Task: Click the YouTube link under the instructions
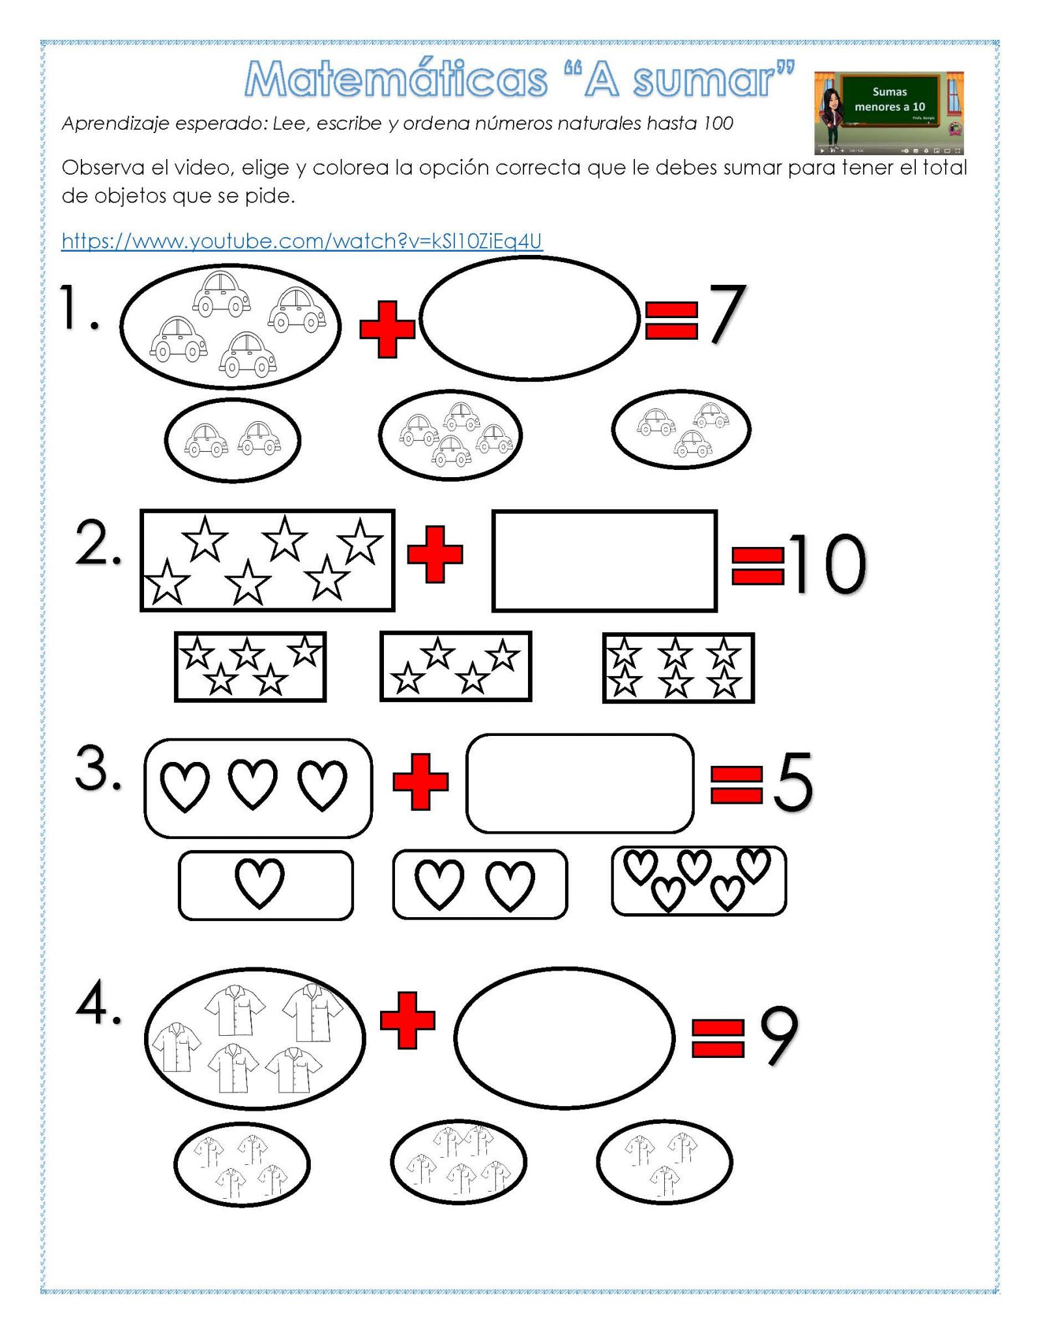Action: (301, 241)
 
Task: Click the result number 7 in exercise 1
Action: (727, 314)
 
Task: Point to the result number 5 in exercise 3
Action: (792, 781)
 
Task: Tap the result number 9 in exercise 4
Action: (779, 1035)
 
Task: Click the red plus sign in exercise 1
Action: (387, 329)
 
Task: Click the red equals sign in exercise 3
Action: (736, 784)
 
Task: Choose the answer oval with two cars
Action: (233, 440)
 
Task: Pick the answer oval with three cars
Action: (681, 430)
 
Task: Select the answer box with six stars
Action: (678, 667)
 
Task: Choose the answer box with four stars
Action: (456, 666)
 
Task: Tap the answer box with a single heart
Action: (265, 885)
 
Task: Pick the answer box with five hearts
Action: (698, 880)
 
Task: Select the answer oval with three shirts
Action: (664, 1162)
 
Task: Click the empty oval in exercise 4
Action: (564, 1038)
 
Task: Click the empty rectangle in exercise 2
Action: (604, 561)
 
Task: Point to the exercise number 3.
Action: (98, 768)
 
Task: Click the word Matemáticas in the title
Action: (396, 80)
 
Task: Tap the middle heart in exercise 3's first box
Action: (253, 784)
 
